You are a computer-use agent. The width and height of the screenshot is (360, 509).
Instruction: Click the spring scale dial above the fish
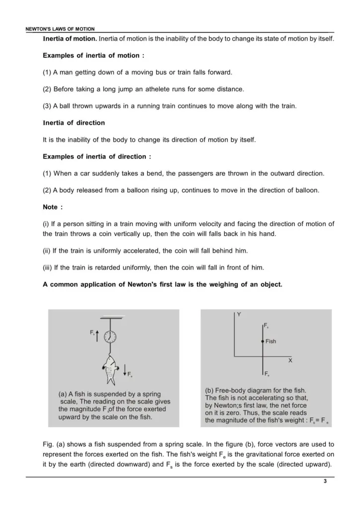110,337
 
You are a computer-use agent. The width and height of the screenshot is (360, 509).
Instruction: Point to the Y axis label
239,314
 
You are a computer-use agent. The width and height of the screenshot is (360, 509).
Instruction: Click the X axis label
290,361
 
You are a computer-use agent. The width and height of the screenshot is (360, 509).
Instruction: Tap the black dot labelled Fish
262,342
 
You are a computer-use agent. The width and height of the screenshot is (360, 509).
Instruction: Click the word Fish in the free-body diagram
271,341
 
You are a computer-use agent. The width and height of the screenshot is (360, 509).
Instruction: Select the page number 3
325,482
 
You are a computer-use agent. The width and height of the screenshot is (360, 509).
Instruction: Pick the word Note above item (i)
51,207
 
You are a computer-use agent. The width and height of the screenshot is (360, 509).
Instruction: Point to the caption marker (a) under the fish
63,394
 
